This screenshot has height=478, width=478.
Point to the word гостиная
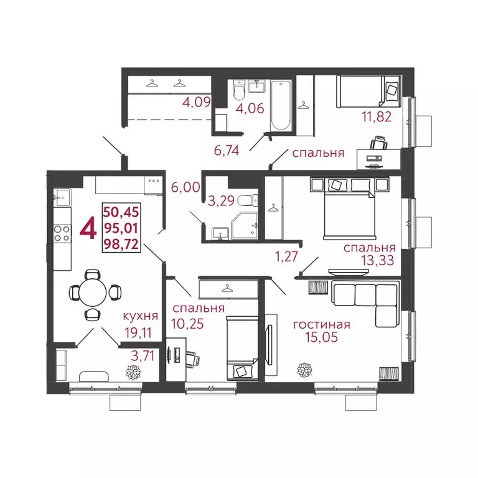[x=321, y=324]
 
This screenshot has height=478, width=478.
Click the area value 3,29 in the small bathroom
[x=222, y=200]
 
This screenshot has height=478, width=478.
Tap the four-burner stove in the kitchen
[x=62, y=232]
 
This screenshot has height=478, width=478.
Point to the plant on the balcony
[x=133, y=373]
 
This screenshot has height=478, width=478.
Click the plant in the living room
[x=304, y=369]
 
